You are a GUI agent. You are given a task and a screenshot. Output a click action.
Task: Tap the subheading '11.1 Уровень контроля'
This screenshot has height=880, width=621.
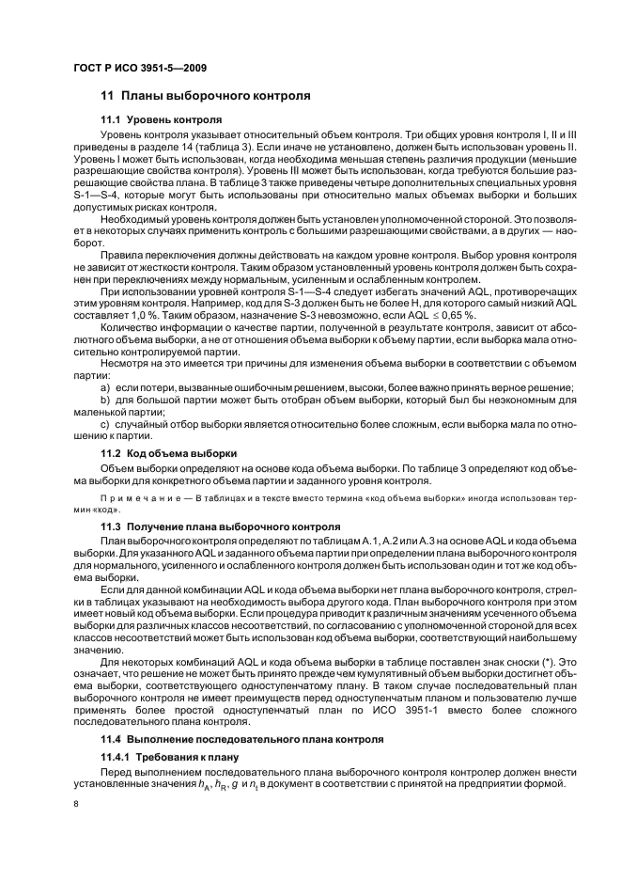(161, 120)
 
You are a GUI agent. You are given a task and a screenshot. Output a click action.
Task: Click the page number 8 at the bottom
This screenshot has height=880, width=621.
(77, 802)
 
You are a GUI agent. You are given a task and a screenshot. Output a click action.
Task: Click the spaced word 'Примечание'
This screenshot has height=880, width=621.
(138, 495)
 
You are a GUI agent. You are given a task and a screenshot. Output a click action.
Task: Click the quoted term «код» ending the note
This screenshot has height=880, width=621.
(102, 507)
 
